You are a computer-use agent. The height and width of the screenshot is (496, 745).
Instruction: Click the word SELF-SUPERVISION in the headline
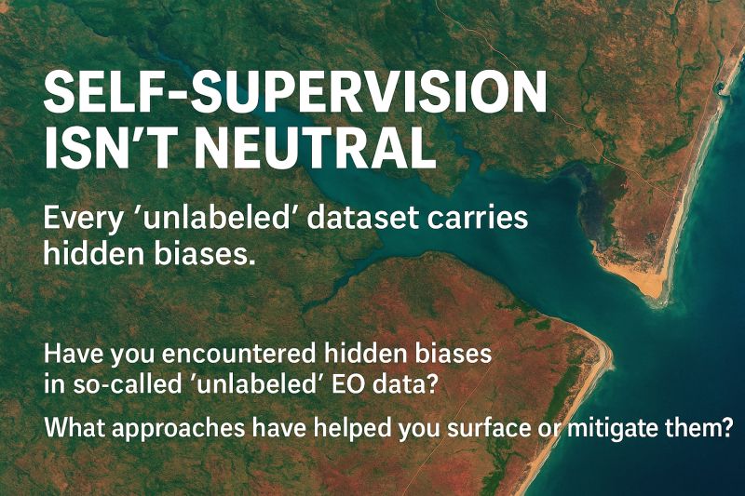click(x=295, y=94)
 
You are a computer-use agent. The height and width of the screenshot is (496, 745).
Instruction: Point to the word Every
click(x=82, y=221)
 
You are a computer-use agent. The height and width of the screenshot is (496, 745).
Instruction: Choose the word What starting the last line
click(x=74, y=428)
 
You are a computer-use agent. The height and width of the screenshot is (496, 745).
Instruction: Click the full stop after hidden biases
click(x=246, y=261)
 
